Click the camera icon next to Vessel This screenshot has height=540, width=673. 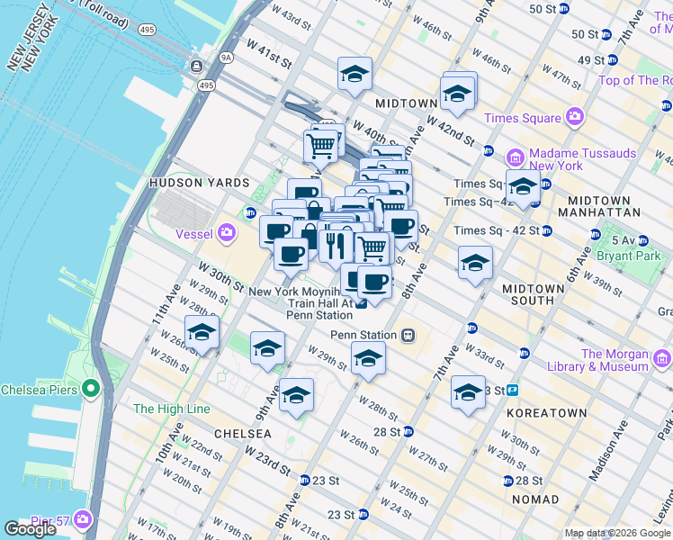(x=225, y=233)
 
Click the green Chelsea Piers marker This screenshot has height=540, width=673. (x=89, y=389)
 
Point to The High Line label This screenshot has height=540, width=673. (x=171, y=409)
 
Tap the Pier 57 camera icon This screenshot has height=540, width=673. (x=84, y=520)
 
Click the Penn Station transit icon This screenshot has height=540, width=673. (x=408, y=335)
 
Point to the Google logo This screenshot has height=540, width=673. (x=31, y=529)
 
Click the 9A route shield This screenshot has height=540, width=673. (x=227, y=57)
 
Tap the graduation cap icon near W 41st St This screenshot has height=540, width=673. (x=355, y=74)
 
